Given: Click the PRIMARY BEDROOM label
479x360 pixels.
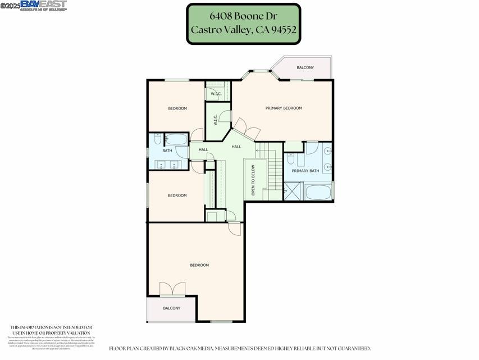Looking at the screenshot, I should click(x=284, y=108).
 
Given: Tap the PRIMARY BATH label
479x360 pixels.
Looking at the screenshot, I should click(x=305, y=171).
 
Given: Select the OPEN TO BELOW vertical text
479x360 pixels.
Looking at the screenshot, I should click(x=253, y=180).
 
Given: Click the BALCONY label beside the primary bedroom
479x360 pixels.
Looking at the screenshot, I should click(x=305, y=67).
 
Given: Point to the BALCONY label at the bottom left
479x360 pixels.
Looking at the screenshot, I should click(x=171, y=308).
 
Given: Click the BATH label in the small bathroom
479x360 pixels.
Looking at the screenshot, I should click(x=167, y=151).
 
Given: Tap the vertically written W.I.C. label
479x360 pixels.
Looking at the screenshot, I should click(x=215, y=120).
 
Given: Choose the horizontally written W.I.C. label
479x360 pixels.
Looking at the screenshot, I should click(x=216, y=94).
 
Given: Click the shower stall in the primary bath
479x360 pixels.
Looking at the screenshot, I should click(x=292, y=191).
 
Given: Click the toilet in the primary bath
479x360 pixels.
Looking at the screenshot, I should click(x=291, y=159).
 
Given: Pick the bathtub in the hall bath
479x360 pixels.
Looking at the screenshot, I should click(x=177, y=139).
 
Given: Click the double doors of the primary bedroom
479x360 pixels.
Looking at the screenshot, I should click(x=247, y=129).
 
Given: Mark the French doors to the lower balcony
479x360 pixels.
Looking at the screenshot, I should click(x=172, y=290).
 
